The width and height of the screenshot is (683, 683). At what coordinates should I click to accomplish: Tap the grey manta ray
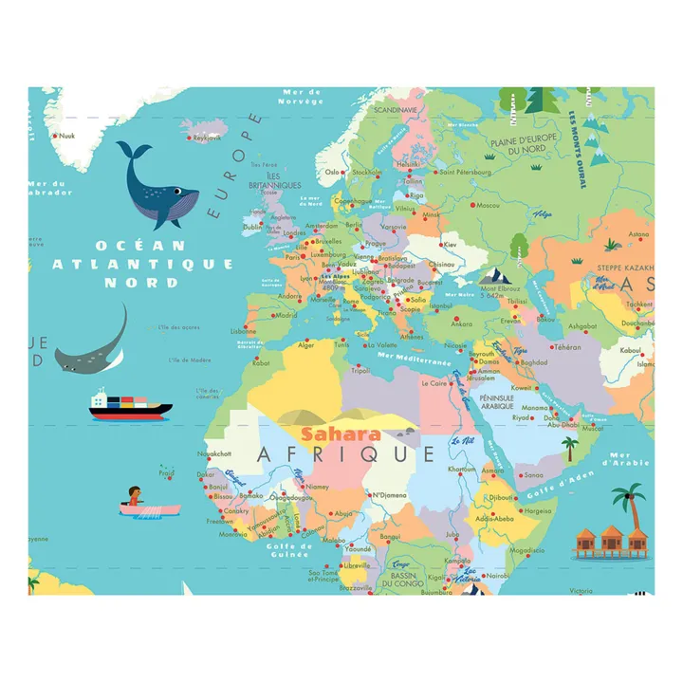coord(93,346)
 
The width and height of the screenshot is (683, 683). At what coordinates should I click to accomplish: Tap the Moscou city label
coord(488,206)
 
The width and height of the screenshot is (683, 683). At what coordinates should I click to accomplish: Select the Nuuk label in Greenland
coord(66,136)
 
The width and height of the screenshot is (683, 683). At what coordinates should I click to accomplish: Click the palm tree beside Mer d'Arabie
coord(626,504)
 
